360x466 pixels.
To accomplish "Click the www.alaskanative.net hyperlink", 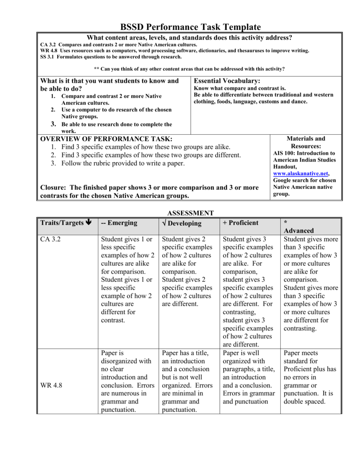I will pos(300,173).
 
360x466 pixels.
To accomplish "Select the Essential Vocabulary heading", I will pos(227,81).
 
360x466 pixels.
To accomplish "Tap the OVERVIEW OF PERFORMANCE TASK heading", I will pos(106,138).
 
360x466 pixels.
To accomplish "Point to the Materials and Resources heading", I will pos(305,142).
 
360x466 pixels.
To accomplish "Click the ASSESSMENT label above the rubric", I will pos(190,213).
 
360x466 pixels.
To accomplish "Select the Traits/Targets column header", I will pos(62,223).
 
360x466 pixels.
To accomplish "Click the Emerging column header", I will pos(119,223).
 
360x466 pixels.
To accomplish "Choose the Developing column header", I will pos(185,223).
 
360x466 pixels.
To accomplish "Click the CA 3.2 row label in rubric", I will pos(50,239).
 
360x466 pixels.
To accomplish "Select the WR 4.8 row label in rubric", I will pos(51,385).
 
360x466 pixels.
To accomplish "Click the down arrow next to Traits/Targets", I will pos(88,223).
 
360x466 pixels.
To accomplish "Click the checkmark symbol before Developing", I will pos(164,223).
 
